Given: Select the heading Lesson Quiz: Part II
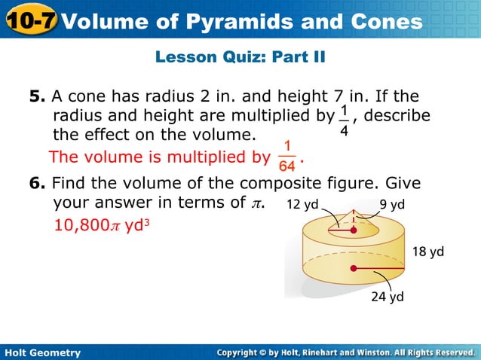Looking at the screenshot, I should [240, 56].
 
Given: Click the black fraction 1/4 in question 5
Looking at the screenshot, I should [344, 123].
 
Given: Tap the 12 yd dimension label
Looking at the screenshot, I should [305, 203].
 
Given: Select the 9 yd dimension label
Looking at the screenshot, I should [392, 203].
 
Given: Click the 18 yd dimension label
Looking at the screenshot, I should [427, 251].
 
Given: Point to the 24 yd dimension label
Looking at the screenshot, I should [388, 297].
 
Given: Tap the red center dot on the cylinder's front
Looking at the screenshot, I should [351, 268].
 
